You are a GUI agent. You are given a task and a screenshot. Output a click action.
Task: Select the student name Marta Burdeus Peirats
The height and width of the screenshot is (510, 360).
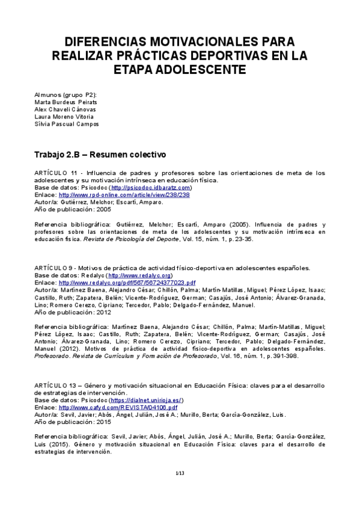point(66,102)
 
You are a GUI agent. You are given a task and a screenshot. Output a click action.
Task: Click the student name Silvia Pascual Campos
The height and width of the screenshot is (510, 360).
point(67,124)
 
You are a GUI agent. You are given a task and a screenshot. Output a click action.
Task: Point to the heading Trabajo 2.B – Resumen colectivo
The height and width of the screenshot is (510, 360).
point(100,155)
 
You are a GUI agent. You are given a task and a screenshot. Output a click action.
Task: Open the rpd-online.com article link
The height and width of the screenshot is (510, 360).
point(124,195)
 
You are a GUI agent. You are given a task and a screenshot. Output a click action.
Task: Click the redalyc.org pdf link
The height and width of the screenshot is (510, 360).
point(127,282)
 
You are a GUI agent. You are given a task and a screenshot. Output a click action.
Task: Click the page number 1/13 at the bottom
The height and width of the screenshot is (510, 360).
point(179,475)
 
